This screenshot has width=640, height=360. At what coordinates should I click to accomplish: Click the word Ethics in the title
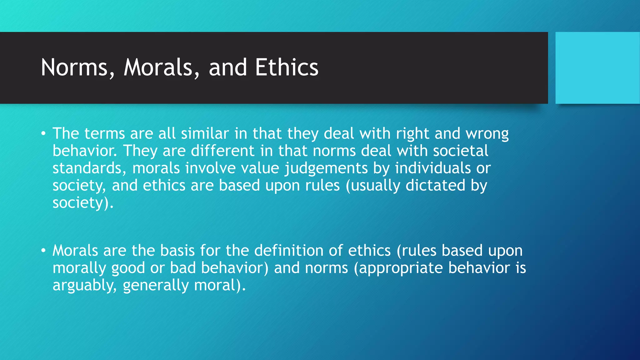287,67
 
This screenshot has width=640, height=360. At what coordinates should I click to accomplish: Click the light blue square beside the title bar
597,68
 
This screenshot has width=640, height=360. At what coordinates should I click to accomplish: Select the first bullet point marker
43,134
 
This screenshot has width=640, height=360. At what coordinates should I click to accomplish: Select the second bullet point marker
43,251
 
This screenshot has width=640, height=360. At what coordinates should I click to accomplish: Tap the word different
223,151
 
